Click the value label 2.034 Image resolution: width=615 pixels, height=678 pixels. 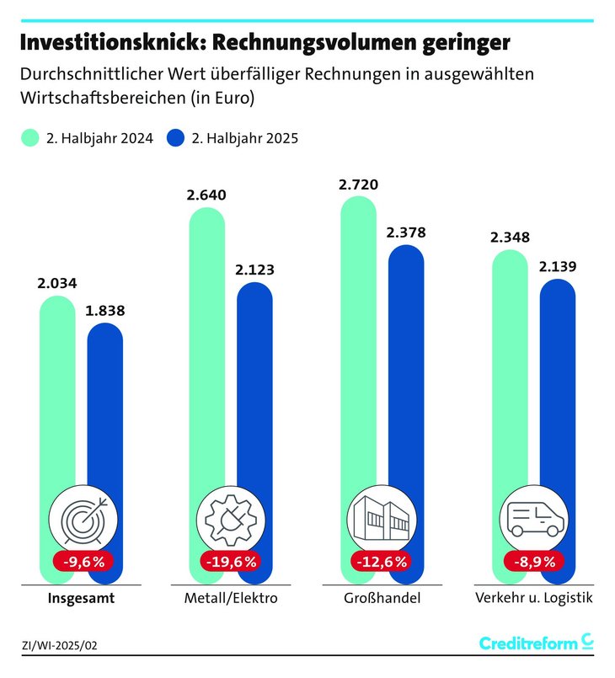pyautogui.click(x=57, y=284)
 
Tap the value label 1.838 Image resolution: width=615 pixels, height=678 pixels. pyautogui.click(x=104, y=310)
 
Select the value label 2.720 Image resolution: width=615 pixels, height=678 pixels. pyautogui.click(x=358, y=184)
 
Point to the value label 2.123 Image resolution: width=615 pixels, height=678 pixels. pyautogui.click(x=254, y=270)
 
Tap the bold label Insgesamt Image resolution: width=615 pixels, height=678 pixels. pyautogui.click(x=81, y=599)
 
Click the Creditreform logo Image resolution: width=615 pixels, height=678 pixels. pyautogui.click(x=536, y=643)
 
